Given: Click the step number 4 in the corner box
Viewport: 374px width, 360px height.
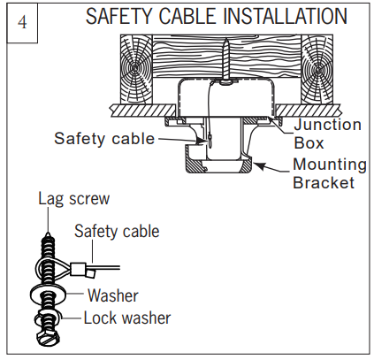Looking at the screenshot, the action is pyautogui.click(x=22, y=22).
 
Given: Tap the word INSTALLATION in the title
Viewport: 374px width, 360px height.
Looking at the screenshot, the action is pyautogui.click(x=285, y=16).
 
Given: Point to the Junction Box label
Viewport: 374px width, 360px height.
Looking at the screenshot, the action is pyautogui.click(x=327, y=134).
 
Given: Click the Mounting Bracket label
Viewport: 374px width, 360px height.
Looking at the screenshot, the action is pyautogui.click(x=330, y=173).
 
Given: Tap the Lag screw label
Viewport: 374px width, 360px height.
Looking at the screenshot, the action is pyautogui.click(x=74, y=199).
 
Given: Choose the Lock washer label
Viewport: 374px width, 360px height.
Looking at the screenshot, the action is pyautogui.click(x=127, y=318).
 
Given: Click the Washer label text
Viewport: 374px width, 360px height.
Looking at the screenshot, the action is pyautogui.click(x=113, y=295).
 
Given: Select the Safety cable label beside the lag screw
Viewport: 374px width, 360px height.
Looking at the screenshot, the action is pyautogui.click(x=117, y=231).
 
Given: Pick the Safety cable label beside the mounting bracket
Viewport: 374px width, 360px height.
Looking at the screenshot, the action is pyautogui.click(x=104, y=138).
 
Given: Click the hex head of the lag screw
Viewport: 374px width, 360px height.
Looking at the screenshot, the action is pyautogui.click(x=48, y=338).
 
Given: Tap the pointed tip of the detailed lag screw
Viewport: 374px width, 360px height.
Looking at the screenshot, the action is pyautogui.click(x=47, y=234).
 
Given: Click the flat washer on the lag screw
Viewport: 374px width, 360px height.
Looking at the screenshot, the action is pyautogui.click(x=47, y=295).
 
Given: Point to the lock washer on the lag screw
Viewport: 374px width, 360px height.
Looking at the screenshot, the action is pyautogui.click(x=47, y=318).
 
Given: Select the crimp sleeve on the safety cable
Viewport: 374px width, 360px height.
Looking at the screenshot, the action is pyautogui.click(x=78, y=269).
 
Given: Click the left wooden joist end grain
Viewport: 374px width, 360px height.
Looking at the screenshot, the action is pyautogui.click(x=136, y=70).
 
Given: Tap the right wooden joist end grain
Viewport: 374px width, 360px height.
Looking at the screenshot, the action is pyautogui.click(x=317, y=70).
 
